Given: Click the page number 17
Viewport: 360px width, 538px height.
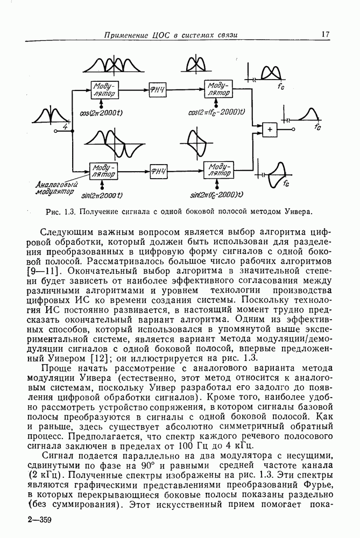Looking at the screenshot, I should click(x=326, y=34).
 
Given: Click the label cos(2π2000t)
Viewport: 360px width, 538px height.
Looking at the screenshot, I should click(x=104, y=112).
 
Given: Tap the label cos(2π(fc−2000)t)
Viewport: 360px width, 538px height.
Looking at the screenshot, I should click(x=217, y=112).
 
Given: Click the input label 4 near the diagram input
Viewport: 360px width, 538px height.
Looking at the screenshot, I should click(x=65, y=126).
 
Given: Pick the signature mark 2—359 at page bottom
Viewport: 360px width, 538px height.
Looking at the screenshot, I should click(x=38, y=520).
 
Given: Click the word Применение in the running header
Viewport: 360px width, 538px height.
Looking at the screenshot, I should click(x=126, y=35).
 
